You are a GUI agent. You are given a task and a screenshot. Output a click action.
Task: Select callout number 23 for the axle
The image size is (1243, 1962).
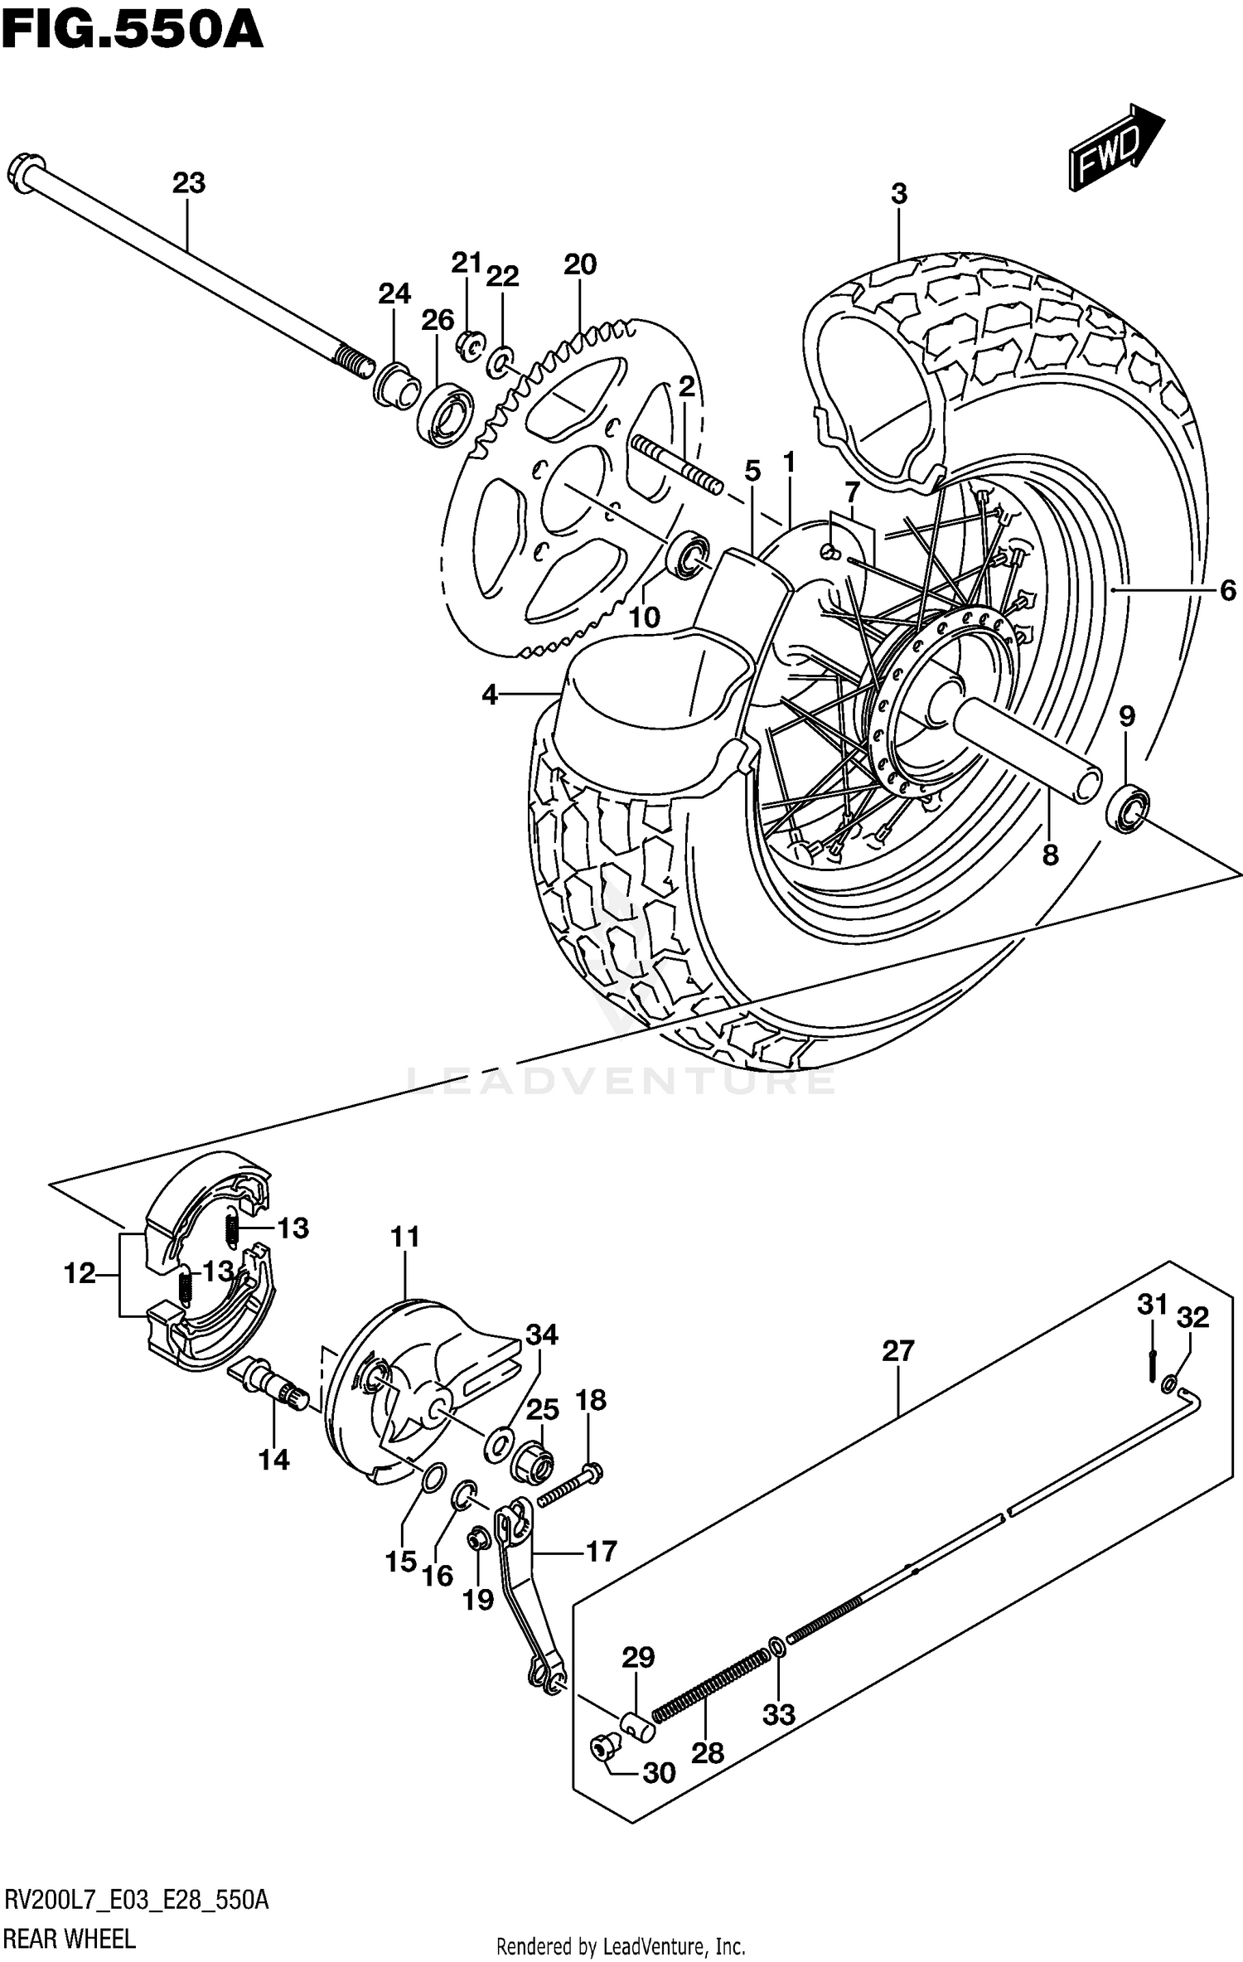click(188, 182)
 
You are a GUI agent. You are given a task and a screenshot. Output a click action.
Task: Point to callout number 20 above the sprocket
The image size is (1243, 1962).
click(580, 264)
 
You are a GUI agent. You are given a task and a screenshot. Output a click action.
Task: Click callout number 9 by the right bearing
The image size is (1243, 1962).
click(1127, 716)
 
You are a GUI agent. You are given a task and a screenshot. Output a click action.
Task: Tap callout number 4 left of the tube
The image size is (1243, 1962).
click(490, 695)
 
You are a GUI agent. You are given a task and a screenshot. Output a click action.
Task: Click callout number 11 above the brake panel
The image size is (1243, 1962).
click(405, 1237)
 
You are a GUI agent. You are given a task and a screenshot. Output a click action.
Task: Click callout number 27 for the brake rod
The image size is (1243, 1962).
click(897, 1350)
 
